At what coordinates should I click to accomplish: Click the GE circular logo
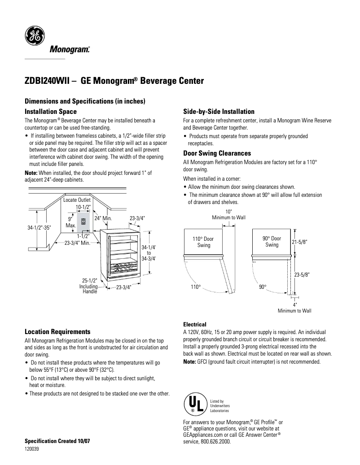point(34,35)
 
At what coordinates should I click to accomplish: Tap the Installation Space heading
point(50,111)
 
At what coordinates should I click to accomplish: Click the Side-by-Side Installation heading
point(219,112)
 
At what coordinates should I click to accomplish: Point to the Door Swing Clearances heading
point(217,153)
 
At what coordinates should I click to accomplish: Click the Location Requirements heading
point(57,332)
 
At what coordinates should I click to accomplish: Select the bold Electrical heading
point(195,324)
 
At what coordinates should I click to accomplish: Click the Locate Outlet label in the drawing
point(77,200)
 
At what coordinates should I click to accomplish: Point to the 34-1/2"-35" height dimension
point(39,227)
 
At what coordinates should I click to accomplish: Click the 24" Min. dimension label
point(102,218)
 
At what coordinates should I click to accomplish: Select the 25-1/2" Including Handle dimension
point(89,286)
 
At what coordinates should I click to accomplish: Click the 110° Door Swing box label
point(204,242)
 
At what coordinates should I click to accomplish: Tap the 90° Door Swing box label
point(272,242)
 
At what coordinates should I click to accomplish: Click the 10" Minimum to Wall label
point(229,214)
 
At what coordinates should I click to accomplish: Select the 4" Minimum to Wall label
point(294,307)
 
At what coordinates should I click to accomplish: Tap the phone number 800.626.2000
point(213,441)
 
